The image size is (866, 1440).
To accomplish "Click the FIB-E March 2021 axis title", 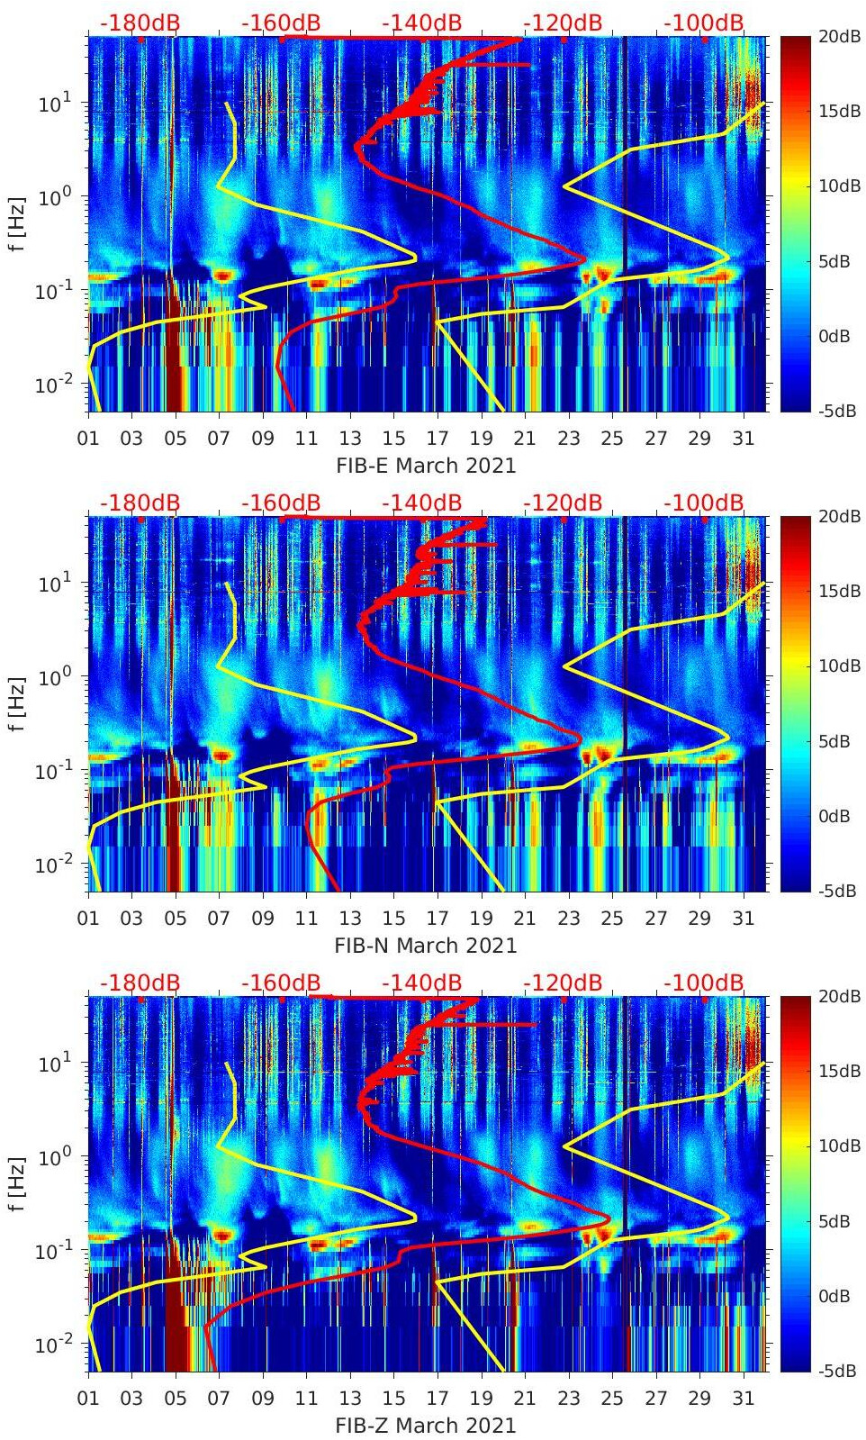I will [426, 466].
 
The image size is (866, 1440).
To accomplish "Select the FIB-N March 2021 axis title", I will [426, 946].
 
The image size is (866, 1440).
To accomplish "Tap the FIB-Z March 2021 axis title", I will [426, 1426].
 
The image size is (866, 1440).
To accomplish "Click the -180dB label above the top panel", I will [140, 23].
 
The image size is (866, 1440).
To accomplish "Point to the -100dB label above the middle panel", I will [704, 503].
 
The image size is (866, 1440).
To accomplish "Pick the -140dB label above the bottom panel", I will [421, 983].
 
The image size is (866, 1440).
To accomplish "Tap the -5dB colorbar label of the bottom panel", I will [834, 1371].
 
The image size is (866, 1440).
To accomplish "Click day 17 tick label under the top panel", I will [438, 439].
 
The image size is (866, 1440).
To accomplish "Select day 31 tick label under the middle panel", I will [743, 919].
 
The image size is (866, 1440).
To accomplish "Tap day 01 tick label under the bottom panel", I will [88, 1399].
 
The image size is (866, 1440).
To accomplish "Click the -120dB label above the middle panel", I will [563, 503].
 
